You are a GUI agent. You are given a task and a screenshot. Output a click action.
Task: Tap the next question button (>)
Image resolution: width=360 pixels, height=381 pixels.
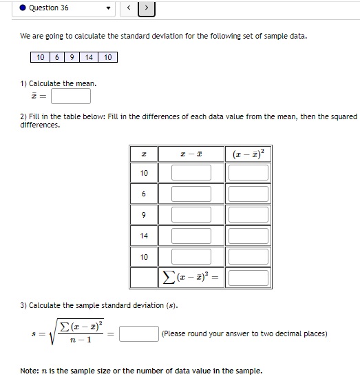[x=147, y=8]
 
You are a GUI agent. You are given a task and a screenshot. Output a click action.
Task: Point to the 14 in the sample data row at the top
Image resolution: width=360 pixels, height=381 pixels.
[x=89, y=57]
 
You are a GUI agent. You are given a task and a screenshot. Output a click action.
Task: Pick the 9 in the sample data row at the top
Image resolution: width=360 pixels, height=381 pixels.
[x=71, y=57]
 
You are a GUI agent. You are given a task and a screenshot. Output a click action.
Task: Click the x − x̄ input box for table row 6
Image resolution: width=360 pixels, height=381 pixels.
[x=191, y=194]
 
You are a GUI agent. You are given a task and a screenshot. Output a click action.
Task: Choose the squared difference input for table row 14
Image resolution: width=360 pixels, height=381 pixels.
[x=248, y=236]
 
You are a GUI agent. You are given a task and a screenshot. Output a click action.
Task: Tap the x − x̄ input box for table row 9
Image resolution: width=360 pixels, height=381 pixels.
[x=191, y=214]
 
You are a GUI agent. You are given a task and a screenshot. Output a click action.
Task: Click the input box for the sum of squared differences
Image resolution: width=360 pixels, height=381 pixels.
[x=248, y=278]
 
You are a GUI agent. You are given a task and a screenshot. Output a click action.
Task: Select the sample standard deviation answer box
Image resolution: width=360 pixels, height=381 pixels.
[x=139, y=334]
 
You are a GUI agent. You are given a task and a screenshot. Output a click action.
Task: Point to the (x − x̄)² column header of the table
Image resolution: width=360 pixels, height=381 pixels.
[x=247, y=152]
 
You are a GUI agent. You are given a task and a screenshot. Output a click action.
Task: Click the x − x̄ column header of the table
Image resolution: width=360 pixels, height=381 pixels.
[x=191, y=152]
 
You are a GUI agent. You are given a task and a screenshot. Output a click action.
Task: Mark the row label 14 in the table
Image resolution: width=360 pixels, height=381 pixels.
[x=143, y=236]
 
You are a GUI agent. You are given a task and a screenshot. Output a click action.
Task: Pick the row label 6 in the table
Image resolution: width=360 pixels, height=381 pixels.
[x=143, y=194]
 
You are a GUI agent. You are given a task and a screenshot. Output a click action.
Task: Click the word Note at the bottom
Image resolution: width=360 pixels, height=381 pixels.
[x=29, y=371]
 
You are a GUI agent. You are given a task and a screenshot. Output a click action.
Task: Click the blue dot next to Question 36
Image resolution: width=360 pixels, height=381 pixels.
[x=23, y=8]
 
